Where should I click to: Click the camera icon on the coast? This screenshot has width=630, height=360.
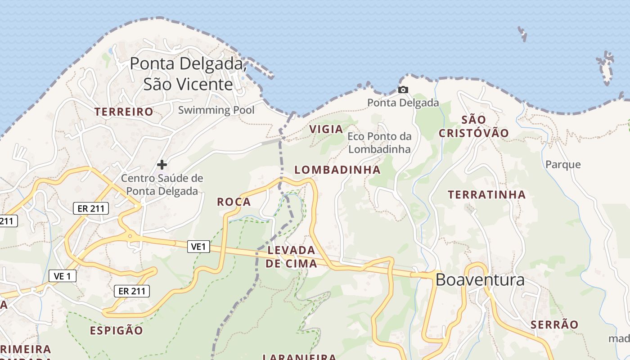[x=403, y=90]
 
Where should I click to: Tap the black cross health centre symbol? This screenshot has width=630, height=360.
[x=162, y=165]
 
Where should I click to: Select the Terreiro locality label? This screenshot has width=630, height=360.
[x=124, y=112]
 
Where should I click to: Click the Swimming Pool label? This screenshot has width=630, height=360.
[x=216, y=110]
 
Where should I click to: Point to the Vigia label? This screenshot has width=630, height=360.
[x=326, y=129]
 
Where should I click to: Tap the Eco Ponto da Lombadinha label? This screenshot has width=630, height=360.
[x=379, y=143]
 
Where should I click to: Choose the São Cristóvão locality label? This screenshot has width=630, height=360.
[x=474, y=126]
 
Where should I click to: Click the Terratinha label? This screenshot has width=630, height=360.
[x=487, y=195]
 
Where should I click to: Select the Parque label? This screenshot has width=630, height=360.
[x=563, y=164]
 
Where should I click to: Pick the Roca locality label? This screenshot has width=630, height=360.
[x=234, y=202]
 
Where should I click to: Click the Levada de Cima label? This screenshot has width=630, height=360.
[x=291, y=257]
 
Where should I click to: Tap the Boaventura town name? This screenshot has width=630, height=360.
[x=480, y=280]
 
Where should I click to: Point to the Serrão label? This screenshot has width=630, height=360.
[x=554, y=325]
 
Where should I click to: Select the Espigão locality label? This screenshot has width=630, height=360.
[x=116, y=331]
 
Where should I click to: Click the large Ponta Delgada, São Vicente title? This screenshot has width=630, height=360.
[x=188, y=73]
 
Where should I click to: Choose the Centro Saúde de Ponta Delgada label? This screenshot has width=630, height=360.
[x=162, y=184]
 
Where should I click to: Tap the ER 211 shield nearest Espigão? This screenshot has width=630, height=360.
[x=132, y=291]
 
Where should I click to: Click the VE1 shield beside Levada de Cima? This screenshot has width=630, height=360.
[x=198, y=246]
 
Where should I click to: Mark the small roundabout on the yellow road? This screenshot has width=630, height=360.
[x=130, y=235]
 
